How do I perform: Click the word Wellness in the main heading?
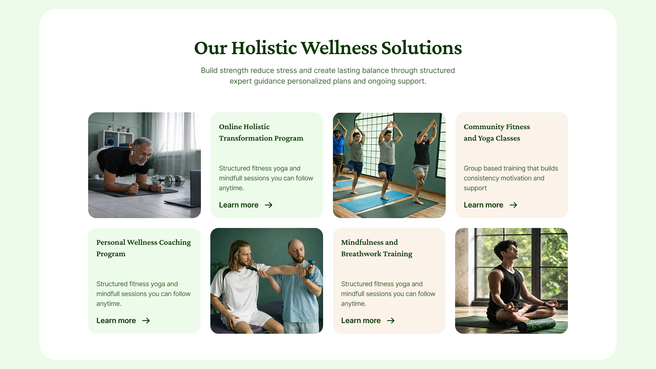pyautogui.click(x=339, y=48)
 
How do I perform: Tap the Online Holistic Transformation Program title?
pyautogui.click(x=261, y=132)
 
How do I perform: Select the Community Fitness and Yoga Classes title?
pyautogui.click(x=497, y=132)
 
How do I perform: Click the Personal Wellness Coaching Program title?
pyautogui.click(x=143, y=248)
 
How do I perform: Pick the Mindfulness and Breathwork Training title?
pyautogui.click(x=377, y=248)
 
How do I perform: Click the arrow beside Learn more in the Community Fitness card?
pyautogui.click(x=513, y=205)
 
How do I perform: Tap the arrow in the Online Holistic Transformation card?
pyautogui.click(x=269, y=205)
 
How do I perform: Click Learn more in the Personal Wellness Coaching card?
pyautogui.click(x=116, y=321)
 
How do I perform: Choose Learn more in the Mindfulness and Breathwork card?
pyautogui.click(x=361, y=321)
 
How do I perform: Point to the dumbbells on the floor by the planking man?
pyautogui.click(x=168, y=180)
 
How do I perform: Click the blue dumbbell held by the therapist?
pyautogui.click(x=310, y=269)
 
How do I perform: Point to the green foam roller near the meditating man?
pyautogui.click(x=536, y=326)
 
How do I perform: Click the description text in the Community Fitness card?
pyautogui.click(x=511, y=178)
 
